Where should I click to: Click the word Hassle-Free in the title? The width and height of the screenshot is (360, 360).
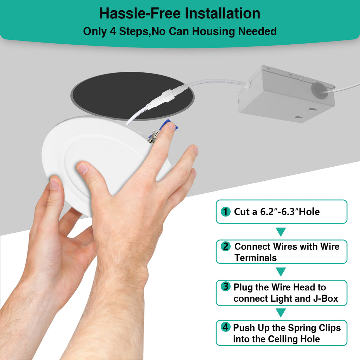click(140, 13)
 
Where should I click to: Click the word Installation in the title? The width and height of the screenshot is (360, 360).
click(223, 13)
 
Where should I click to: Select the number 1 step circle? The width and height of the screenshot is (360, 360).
click(225, 212)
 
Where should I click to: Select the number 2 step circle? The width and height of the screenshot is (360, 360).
click(225, 246)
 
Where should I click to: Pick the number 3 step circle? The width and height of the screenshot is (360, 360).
click(225, 286)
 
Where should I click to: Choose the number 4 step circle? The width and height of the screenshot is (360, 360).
click(225, 327)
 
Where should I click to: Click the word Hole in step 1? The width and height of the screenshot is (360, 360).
click(309, 212)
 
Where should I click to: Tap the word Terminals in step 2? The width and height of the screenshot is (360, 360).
click(256, 258)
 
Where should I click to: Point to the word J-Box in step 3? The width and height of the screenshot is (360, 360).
click(326, 298)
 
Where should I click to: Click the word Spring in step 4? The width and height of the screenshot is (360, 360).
click(301, 328)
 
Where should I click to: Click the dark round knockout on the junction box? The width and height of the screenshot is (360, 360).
click(319, 90)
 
